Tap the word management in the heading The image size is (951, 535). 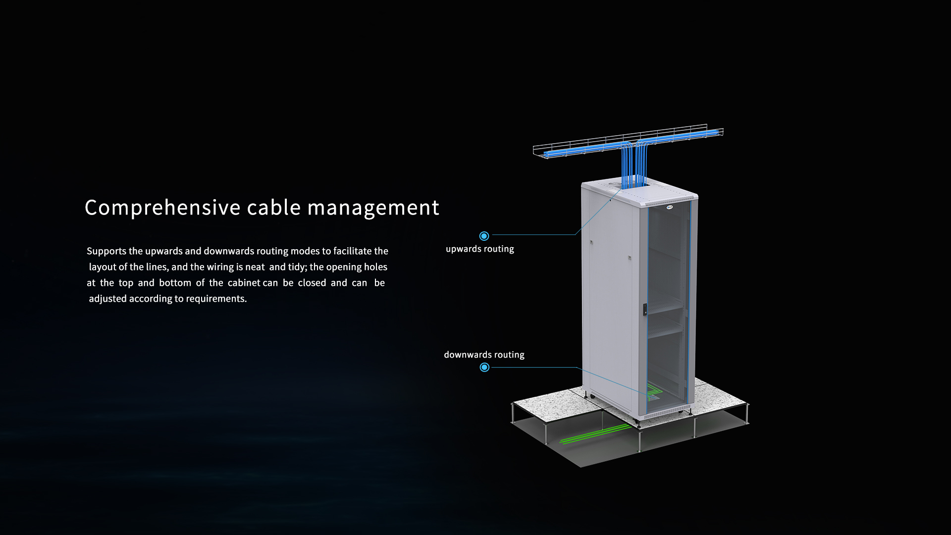pyautogui.click(x=373, y=208)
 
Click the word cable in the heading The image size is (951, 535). pyautogui.click(x=274, y=208)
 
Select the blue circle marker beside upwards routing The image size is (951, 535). pyautogui.click(x=484, y=236)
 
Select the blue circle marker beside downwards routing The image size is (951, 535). pyautogui.click(x=484, y=367)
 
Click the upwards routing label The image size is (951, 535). pyautogui.click(x=479, y=249)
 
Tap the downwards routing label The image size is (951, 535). pyautogui.click(x=484, y=355)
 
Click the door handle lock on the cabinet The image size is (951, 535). pyautogui.click(x=645, y=309)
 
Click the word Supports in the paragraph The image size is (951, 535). pyautogui.click(x=106, y=251)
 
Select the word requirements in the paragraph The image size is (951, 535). pyautogui.click(x=216, y=299)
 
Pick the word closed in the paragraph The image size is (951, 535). pyautogui.click(x=312, y=283)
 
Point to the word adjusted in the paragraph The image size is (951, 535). pyautogui.click(x=107, y=299)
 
